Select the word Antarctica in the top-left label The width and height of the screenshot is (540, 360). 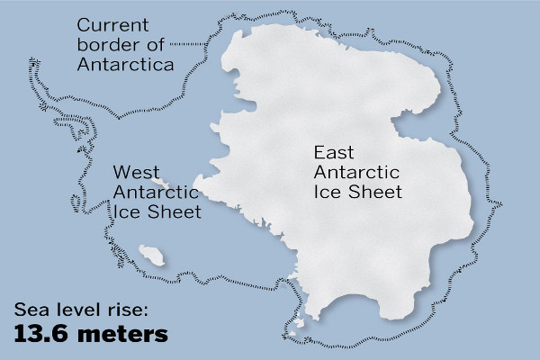(125, 66)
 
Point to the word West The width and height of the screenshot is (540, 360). (132, 172)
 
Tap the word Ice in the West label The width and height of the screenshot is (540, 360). (128, 213)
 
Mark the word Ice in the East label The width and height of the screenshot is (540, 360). (328, 193)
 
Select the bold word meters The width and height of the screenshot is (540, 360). (124, 335)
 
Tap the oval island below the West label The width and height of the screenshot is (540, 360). (152, 256)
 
